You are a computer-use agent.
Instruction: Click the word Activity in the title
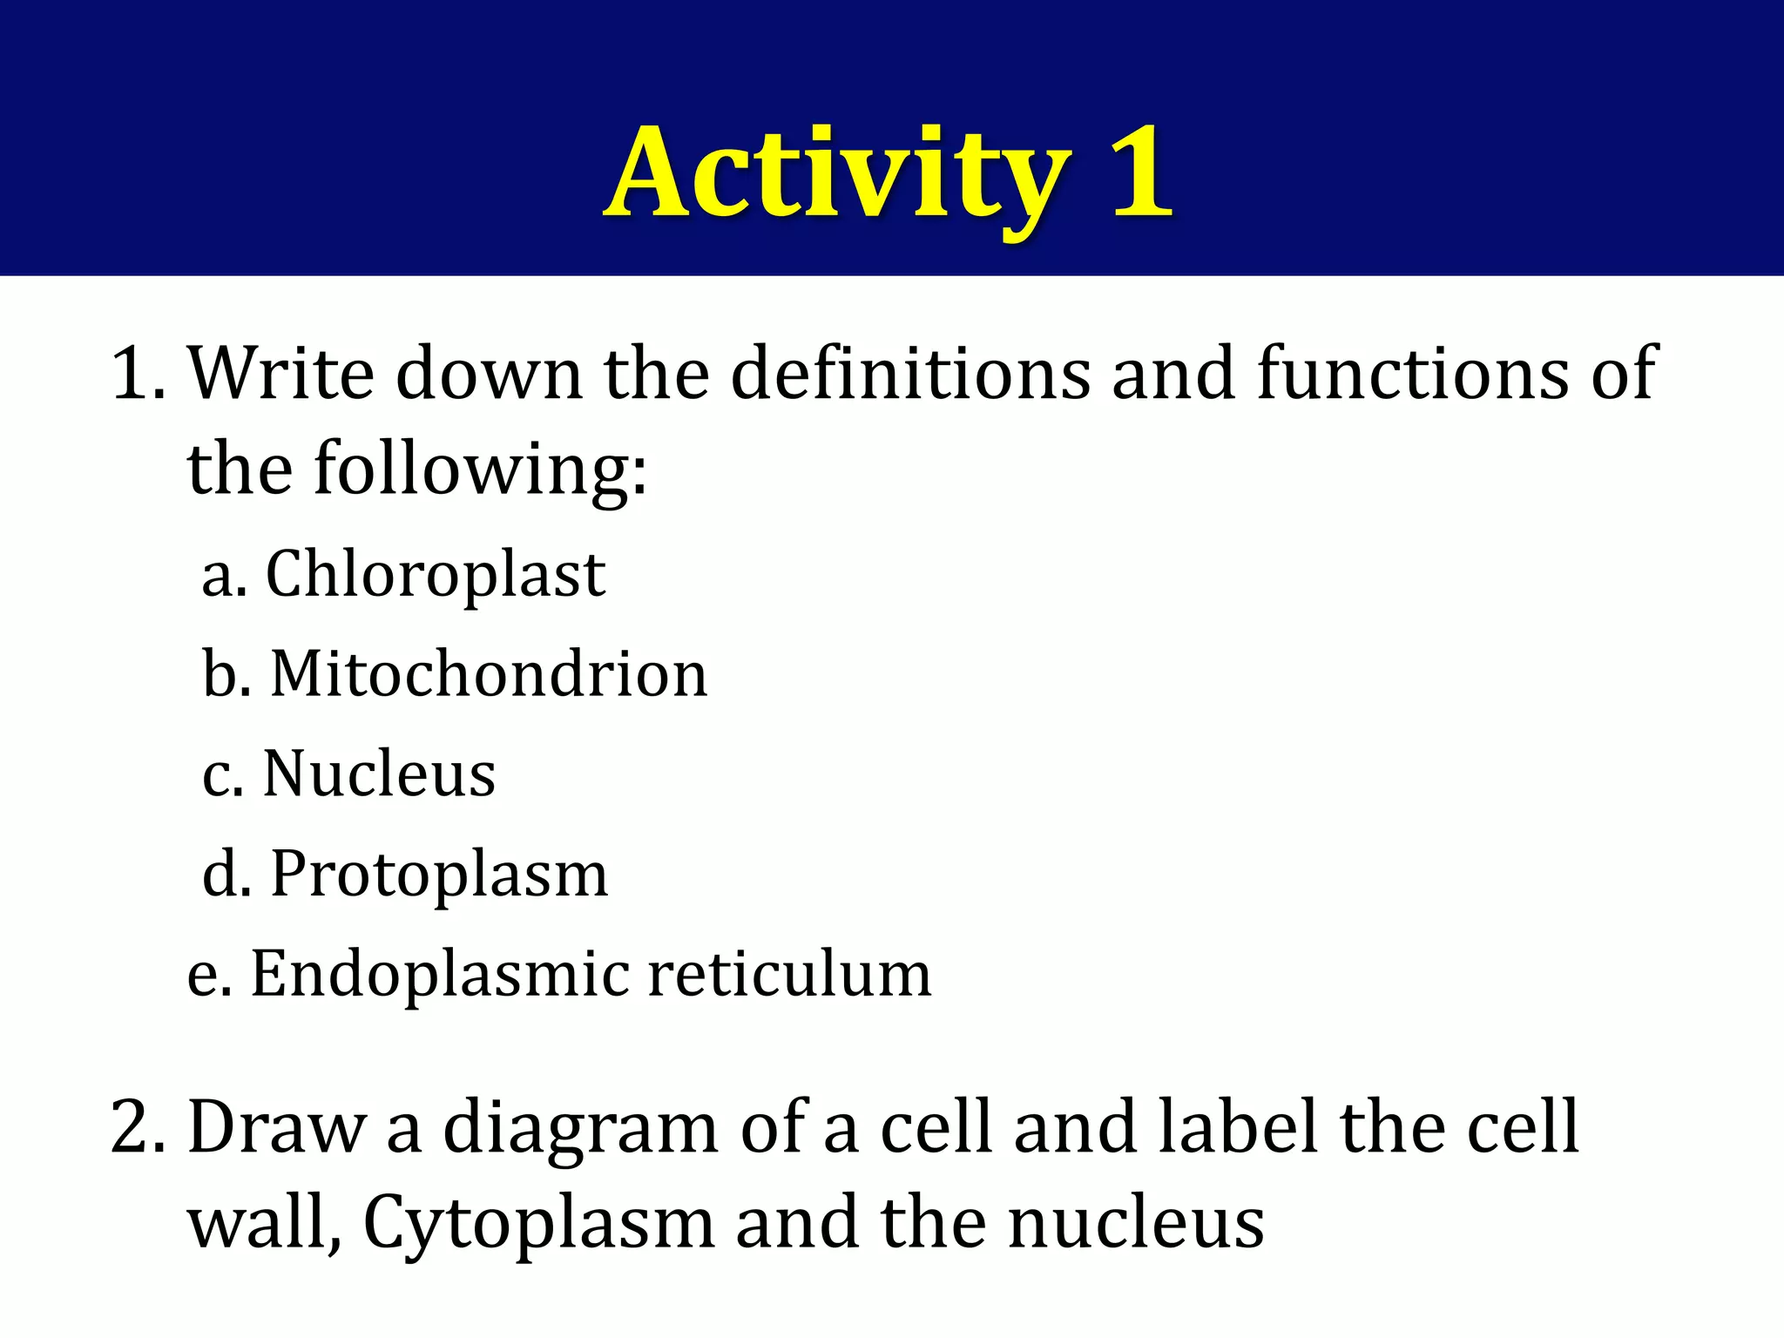(x=836, y=174)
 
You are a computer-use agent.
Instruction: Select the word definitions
(x=910, y=375)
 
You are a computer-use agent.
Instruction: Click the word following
(x=480, y=470)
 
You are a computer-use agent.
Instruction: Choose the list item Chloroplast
(x=436, y=575)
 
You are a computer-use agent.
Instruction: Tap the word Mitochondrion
(x=489, y=675)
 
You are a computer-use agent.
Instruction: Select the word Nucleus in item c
(x=379, y=774)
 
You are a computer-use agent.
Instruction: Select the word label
(x=1237, y=1127)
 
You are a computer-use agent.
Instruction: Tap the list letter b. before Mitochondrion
(x=226, y=675)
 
